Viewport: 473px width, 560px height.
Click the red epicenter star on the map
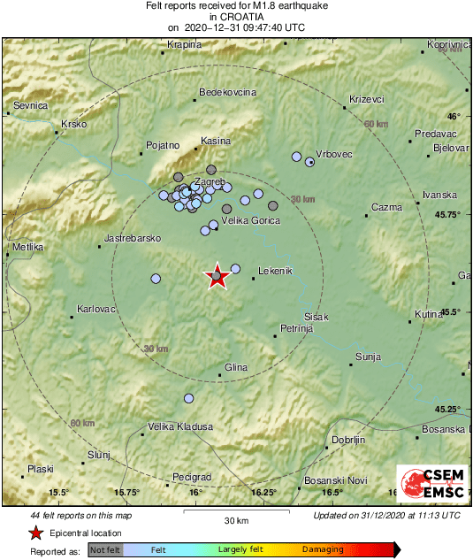point(217,277)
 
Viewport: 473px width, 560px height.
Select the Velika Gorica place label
point(250,219)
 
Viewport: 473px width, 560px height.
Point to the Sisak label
point(317,317)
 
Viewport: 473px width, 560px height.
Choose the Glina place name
point(236,367)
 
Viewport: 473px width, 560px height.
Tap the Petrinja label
point(296,328)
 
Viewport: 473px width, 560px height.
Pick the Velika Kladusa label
point(180,426)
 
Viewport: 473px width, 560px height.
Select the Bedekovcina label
point(228,92)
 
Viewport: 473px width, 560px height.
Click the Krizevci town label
point(366,98)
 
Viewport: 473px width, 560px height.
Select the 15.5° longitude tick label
point(58,492)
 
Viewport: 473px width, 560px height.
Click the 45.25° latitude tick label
point(452,409)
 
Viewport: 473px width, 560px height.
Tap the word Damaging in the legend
point(324,549)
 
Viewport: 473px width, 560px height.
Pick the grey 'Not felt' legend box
point(105,549)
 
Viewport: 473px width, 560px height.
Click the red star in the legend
point(35,533)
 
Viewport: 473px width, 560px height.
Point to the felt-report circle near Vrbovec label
point(309,162)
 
